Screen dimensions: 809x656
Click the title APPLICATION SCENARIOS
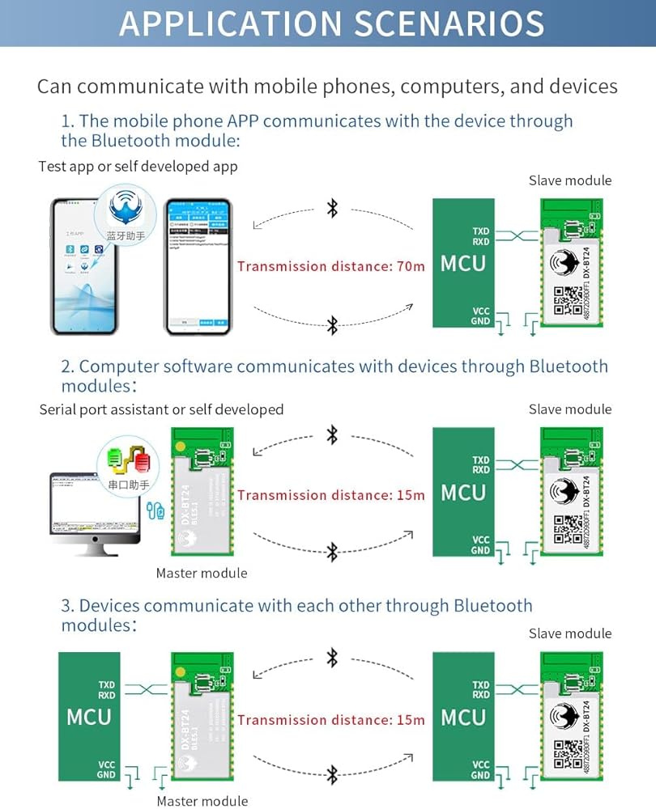pyautogui.click(x=331, y=23)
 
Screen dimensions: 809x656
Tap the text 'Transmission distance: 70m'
pyautogui.click(x=330, y=266)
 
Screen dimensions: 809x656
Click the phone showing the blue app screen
pyautogui.click(x=198, y=266)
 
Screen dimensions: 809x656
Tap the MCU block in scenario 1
pyautogui.click(x=462, y=264)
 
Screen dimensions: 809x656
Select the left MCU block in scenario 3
pyautogui.click(x=88, y=717)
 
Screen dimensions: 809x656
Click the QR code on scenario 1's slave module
pyautogui.click(x=568, y=303)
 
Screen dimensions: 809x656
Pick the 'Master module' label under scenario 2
pyautogui.click(x=202, y=574)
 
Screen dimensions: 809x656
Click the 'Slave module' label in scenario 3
pyautogui.click(x=570, y=633)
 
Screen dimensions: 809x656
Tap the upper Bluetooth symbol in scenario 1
pyautogui.click(x=332, y=209)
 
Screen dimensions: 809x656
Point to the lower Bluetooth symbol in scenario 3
pyautogui.click(x=332, y=774)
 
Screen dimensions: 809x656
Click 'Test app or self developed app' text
pyautogui.click(x=138, y=167)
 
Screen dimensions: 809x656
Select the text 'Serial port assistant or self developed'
pyautogui.click(x=161, y=409)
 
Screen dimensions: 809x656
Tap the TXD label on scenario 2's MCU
pyautogui.click(x=481, y=460)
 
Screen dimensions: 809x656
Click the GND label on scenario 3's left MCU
pyautogui.click(x=107, y=774)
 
